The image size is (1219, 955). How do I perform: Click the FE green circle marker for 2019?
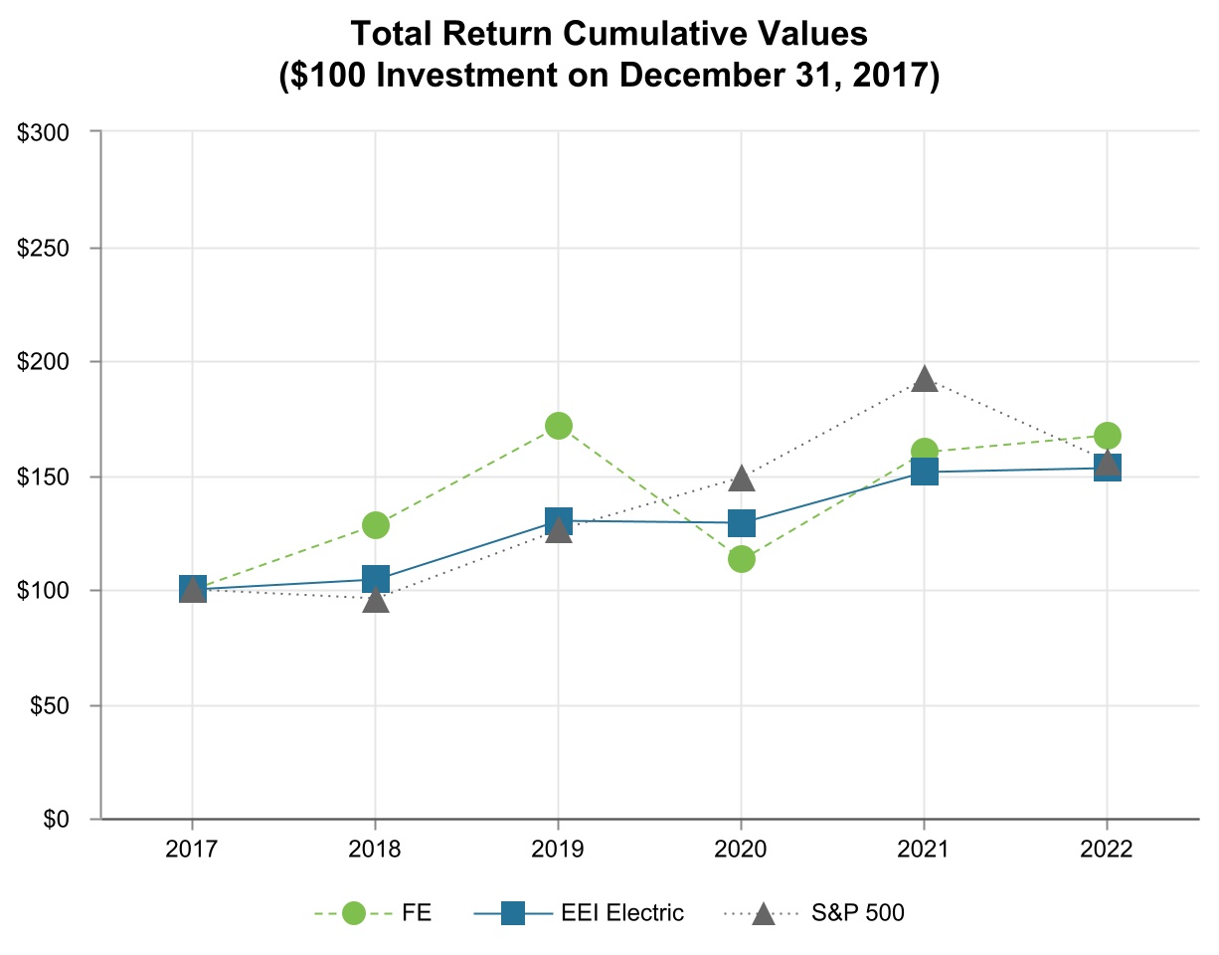559,426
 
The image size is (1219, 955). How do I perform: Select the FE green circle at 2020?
742,559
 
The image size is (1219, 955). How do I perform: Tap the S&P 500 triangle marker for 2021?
925,380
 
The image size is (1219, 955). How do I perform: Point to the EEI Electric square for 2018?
376,579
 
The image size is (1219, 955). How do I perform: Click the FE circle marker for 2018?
376,524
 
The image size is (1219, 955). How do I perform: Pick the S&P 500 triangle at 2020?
742,479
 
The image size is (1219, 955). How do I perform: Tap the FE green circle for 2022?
1108,436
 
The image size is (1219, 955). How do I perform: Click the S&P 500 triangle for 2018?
376,600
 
